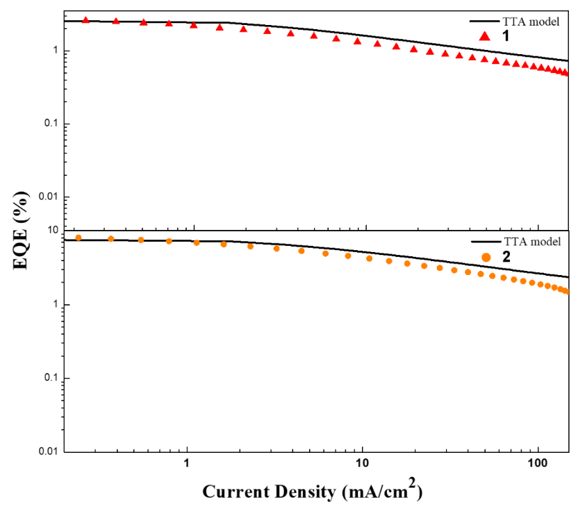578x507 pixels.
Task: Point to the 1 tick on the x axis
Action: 187,462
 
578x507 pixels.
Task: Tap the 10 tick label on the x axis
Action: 361,462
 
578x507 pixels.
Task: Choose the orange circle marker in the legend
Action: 486,258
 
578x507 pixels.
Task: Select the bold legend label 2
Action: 506,257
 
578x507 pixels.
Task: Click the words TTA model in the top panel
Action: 531,22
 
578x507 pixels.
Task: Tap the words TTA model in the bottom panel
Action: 531,242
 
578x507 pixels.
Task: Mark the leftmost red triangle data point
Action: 85,20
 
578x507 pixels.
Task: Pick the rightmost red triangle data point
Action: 565,72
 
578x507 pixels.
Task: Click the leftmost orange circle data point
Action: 79,238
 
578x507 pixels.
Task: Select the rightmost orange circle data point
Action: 565,291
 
